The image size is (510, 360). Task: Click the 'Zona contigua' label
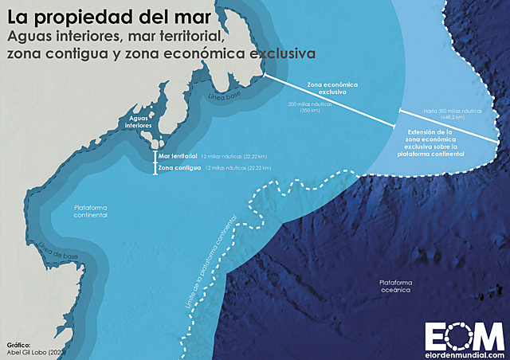point(178,169)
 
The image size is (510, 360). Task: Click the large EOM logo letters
point(464,334)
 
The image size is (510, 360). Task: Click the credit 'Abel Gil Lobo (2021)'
point(36,352)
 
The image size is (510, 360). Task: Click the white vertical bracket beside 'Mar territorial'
point(155,157)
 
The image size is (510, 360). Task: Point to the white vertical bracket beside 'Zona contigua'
point(155,169)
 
